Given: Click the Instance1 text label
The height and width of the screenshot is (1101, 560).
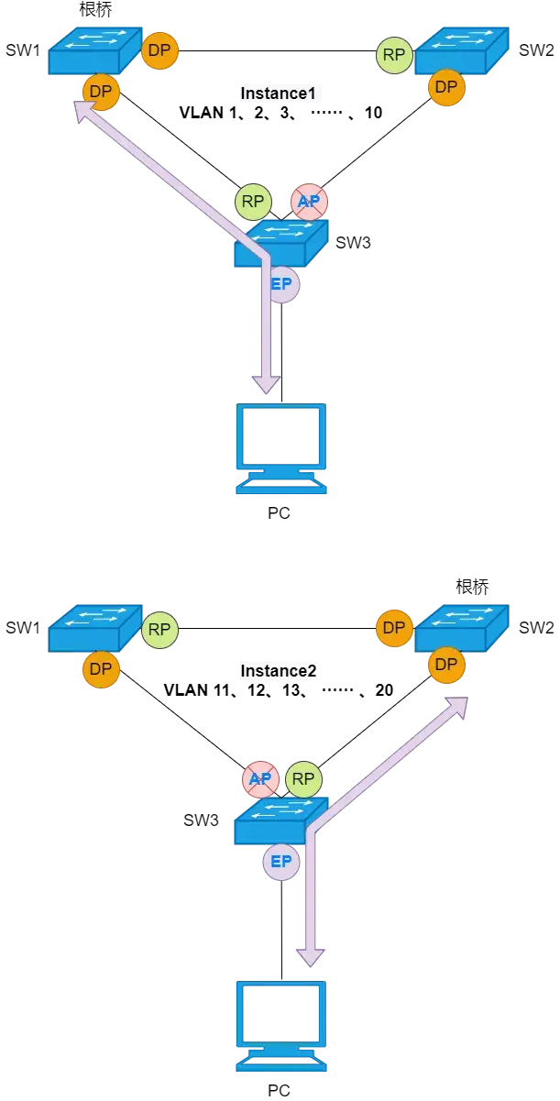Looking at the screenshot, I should pos(279,93).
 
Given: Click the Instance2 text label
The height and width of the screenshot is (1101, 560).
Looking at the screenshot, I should pos(279,670).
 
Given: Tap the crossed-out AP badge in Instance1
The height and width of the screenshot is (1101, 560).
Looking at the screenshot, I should pos(310,202).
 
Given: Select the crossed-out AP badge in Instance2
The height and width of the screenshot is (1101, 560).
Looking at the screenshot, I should pos(260,779).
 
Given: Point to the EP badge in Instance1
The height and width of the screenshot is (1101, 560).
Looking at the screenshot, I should pos(282,284).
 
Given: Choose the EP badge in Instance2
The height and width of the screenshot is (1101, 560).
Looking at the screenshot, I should pos(281,862).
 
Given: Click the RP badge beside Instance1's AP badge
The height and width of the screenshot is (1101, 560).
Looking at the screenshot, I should pos(253,202).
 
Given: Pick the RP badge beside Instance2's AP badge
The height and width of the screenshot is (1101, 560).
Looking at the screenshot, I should pos(303,779).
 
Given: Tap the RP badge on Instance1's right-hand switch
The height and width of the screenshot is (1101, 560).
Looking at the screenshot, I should pos(394,55).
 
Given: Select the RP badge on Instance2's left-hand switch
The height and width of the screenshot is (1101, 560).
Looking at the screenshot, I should pos(159,629).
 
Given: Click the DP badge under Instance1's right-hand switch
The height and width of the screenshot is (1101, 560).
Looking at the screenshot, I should pos(445,88).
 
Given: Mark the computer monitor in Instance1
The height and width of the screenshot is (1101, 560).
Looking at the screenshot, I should pos(281,449).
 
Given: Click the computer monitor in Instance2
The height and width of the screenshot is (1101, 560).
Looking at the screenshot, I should pos(281,1027).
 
